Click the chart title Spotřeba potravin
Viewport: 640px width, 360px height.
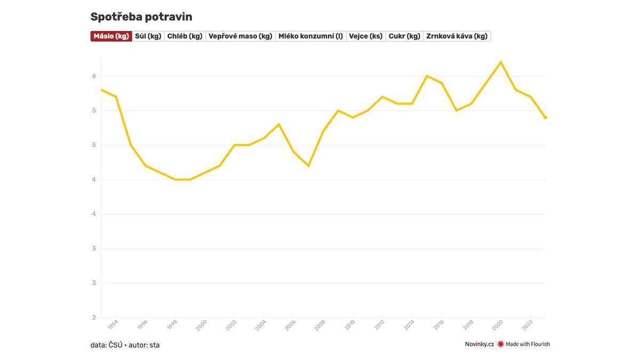pos(141,17)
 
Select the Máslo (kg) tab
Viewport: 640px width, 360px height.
pos(111,36)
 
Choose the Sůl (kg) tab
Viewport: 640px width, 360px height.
pos(148,36)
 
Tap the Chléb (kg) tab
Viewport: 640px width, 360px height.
pos(185,36)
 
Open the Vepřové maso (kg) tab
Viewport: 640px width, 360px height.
pos(241,36)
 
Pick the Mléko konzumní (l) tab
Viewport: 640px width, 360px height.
pos(310,36)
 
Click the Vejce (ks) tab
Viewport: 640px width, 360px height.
pos(365,36)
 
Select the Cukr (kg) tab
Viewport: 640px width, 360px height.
pos(404,36)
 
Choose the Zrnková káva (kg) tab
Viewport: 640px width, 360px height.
pos(457,36)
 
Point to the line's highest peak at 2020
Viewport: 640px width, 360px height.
pos(501,62)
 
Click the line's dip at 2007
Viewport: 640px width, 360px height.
pos(308,166)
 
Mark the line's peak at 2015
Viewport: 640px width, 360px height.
pos(427,76)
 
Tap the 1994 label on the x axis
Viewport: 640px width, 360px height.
pos(113,325)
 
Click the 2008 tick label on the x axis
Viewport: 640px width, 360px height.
pos(320,325)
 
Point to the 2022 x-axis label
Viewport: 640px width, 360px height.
pos(527,325)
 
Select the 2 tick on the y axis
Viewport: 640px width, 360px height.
pos(94,317)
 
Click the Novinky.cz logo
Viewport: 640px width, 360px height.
pos(479,345)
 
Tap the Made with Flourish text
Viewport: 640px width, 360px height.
pos(527,345)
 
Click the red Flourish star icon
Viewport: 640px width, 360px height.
pos(500,345)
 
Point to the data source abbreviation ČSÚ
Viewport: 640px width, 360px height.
pos(115,345)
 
